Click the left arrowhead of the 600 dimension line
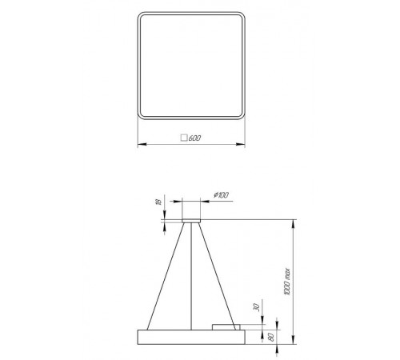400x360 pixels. [x=141, y=145]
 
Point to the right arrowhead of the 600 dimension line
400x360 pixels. [x=243, y=145]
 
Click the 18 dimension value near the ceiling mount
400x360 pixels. [x=158, y=205]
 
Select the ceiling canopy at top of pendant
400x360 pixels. [x=191, y=218]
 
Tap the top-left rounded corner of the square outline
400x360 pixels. [x=143, y=18]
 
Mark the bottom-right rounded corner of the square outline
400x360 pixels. [x=240, y=114]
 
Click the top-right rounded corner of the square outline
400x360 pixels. [x=240, y=18]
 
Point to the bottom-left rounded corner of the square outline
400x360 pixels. [x=143, y=114]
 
